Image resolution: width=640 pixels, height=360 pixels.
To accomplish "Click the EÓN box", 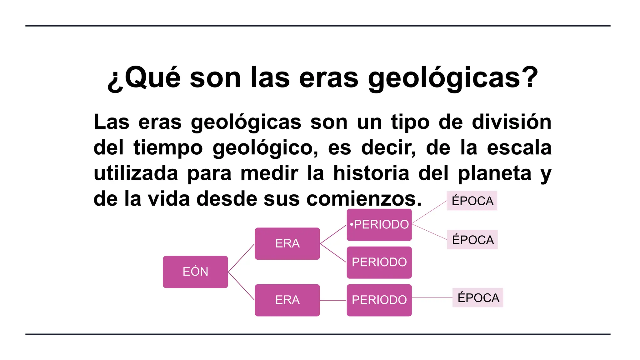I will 195,272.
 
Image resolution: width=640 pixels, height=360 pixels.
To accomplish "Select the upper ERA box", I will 287,243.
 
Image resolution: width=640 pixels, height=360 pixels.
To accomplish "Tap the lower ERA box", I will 287,300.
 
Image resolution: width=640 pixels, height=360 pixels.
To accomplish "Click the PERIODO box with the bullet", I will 379,225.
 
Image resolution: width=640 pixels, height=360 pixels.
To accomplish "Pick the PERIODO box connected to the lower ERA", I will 379,300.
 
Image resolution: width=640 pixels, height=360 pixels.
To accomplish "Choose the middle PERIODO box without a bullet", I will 379,262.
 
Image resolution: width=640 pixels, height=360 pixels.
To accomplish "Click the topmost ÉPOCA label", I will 472,201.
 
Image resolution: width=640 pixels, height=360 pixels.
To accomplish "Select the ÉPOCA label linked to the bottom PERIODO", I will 478,297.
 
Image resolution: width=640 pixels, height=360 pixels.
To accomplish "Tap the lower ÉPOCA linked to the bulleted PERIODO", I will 472,240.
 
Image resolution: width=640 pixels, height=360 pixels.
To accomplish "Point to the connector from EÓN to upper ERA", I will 241,258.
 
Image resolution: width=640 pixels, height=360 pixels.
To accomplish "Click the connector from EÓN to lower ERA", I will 241,286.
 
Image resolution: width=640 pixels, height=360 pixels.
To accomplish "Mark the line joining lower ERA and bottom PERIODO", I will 333,300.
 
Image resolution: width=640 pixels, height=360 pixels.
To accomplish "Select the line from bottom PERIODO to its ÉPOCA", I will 432,297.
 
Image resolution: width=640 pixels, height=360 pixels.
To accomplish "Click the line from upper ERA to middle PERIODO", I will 333,253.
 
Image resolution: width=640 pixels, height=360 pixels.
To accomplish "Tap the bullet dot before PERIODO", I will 352,224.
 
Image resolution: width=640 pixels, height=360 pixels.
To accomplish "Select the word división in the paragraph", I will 511,122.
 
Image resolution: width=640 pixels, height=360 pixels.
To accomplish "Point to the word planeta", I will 494,173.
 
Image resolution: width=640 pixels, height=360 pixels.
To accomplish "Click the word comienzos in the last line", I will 364,199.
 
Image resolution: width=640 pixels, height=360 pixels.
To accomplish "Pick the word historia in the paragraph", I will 371,173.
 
